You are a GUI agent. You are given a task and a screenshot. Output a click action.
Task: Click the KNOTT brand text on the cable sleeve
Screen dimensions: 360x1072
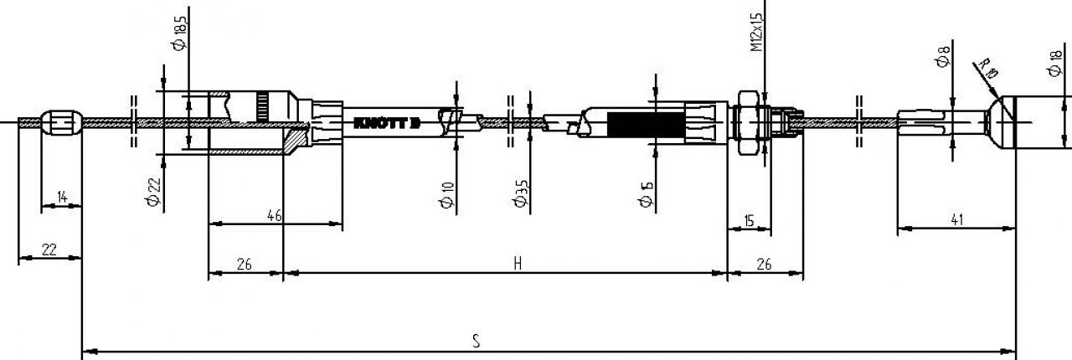pyautogui.click(x=386, y=123)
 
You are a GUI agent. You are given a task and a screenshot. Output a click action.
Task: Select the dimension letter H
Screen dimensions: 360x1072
pyautogui.click(x=518, y=264)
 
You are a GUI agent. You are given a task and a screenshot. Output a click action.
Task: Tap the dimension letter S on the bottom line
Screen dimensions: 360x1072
pyautogui.click(x=476, y=341)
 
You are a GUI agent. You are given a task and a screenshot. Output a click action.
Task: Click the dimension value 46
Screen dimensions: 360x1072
pyautogui.click(x=273, y=215)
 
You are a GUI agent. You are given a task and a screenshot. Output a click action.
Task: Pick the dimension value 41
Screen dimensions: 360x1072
pyautogui.click(x=957, y=220)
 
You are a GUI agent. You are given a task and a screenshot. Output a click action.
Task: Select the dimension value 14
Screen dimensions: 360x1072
pyautogui.click(x=62, y=198)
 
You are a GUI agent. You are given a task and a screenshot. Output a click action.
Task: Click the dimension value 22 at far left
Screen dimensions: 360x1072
pyautogui.click(x=49, y=249)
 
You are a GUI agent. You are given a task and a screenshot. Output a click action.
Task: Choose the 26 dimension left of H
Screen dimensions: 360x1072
pyautogui.click(x=244, y=264)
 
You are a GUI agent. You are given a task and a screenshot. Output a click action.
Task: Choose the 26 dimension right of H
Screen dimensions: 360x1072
pyautogui.click(x=764, y=264)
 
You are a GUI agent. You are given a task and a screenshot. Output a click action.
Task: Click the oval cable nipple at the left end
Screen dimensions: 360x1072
pyautogui.click(x=62, y=123)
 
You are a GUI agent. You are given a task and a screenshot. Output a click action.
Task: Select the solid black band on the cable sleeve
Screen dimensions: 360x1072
pyautogui.click(x=645, y=124)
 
